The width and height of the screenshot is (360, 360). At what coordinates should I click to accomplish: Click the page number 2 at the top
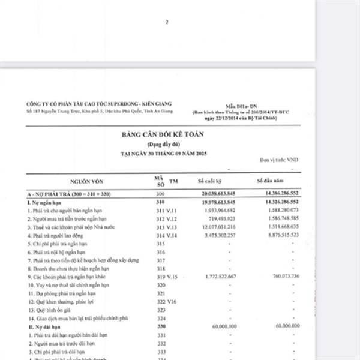pos(167,22)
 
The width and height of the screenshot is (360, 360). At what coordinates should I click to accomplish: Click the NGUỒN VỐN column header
pos(88,181)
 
